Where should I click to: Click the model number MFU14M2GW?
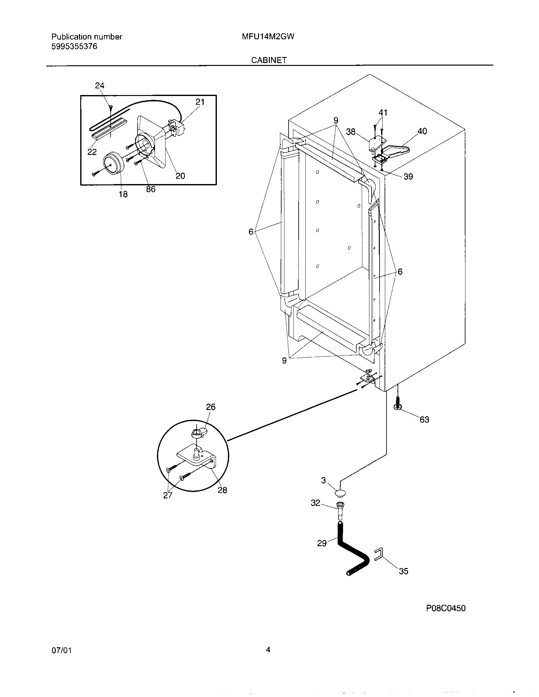[268, 37]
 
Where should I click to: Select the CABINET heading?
[269, 60]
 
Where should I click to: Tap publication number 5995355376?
[74, 47]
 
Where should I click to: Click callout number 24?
[100, 86]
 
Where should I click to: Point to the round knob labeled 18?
[113, 163]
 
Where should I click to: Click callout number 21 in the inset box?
[200, 102]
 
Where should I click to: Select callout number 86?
[151, 189]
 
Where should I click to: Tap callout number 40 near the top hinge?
[422, 131]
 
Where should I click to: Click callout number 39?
[408, 176]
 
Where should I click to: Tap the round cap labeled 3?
[341, 493]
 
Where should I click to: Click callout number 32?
[315, 503]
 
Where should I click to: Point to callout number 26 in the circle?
[211, 407]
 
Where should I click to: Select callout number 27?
[168, 495]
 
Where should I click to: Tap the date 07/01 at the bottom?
[61, 650]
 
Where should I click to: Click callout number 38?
[351, 132]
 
